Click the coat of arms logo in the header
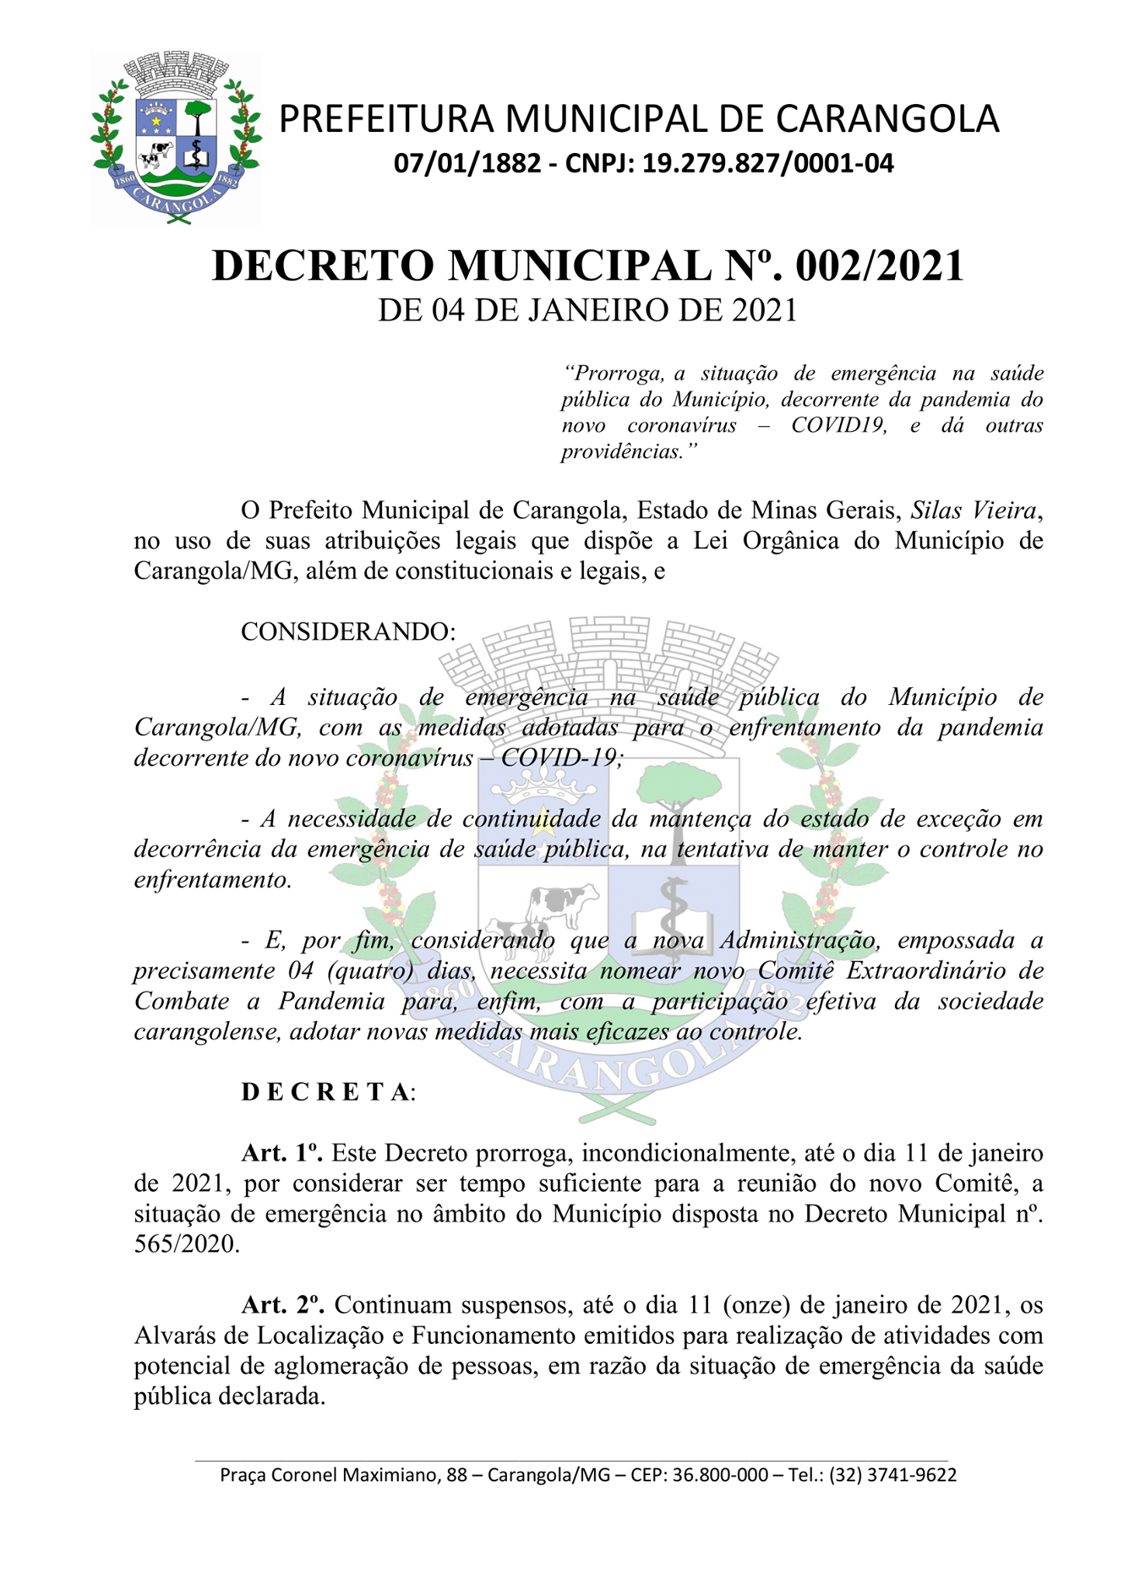(176, 138)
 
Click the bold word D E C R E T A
(326, 1092)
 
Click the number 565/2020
(186, 1244)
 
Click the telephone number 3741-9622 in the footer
(911, 1475)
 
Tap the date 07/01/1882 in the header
(467, 164)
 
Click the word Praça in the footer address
(242, 1475)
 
